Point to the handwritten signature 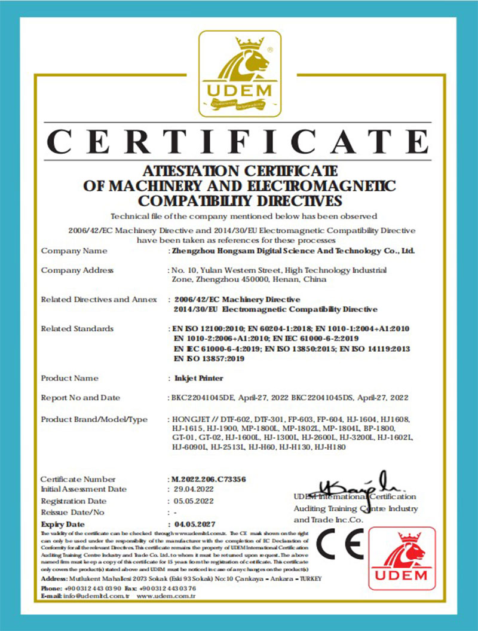(353, 485)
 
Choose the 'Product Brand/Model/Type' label (94, 419)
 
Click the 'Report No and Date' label (80, 398)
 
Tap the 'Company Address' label (77, 270)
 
